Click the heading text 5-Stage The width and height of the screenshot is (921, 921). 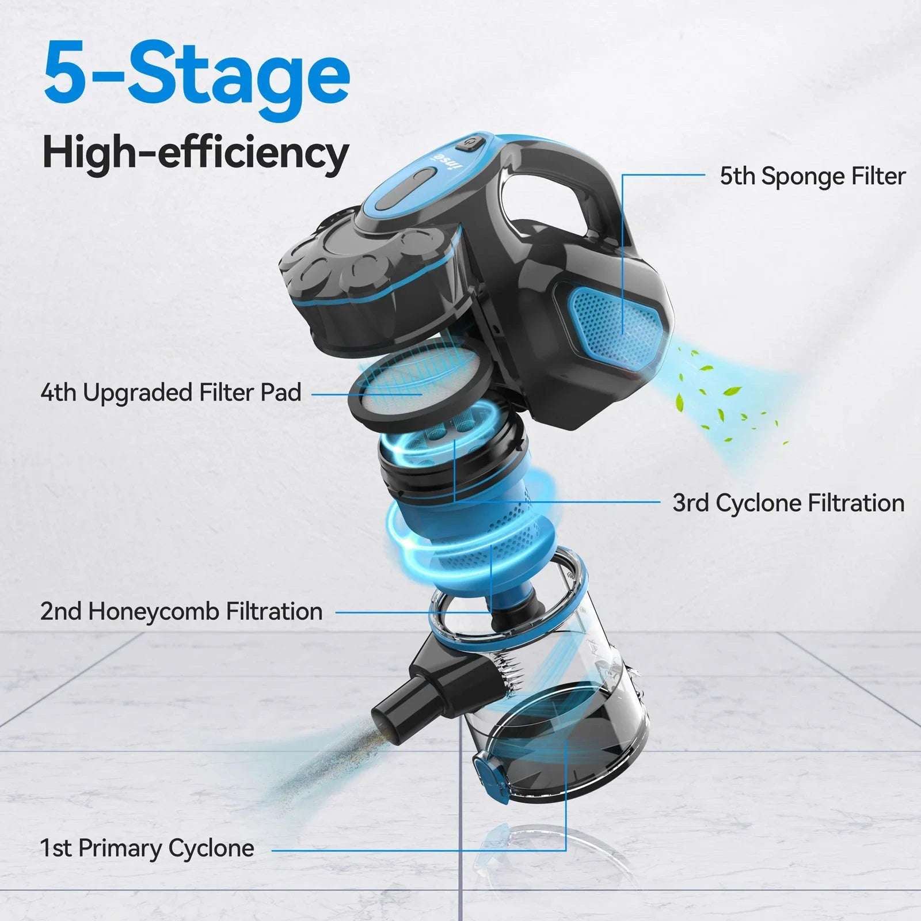coord(196,75)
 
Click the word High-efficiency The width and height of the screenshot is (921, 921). coord(196,152)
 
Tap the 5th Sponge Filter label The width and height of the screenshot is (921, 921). coord(812,176)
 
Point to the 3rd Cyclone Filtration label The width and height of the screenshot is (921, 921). coord(788,503)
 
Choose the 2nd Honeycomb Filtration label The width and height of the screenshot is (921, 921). coord(181,611)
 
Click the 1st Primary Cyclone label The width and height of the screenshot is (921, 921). coord(147,848)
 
